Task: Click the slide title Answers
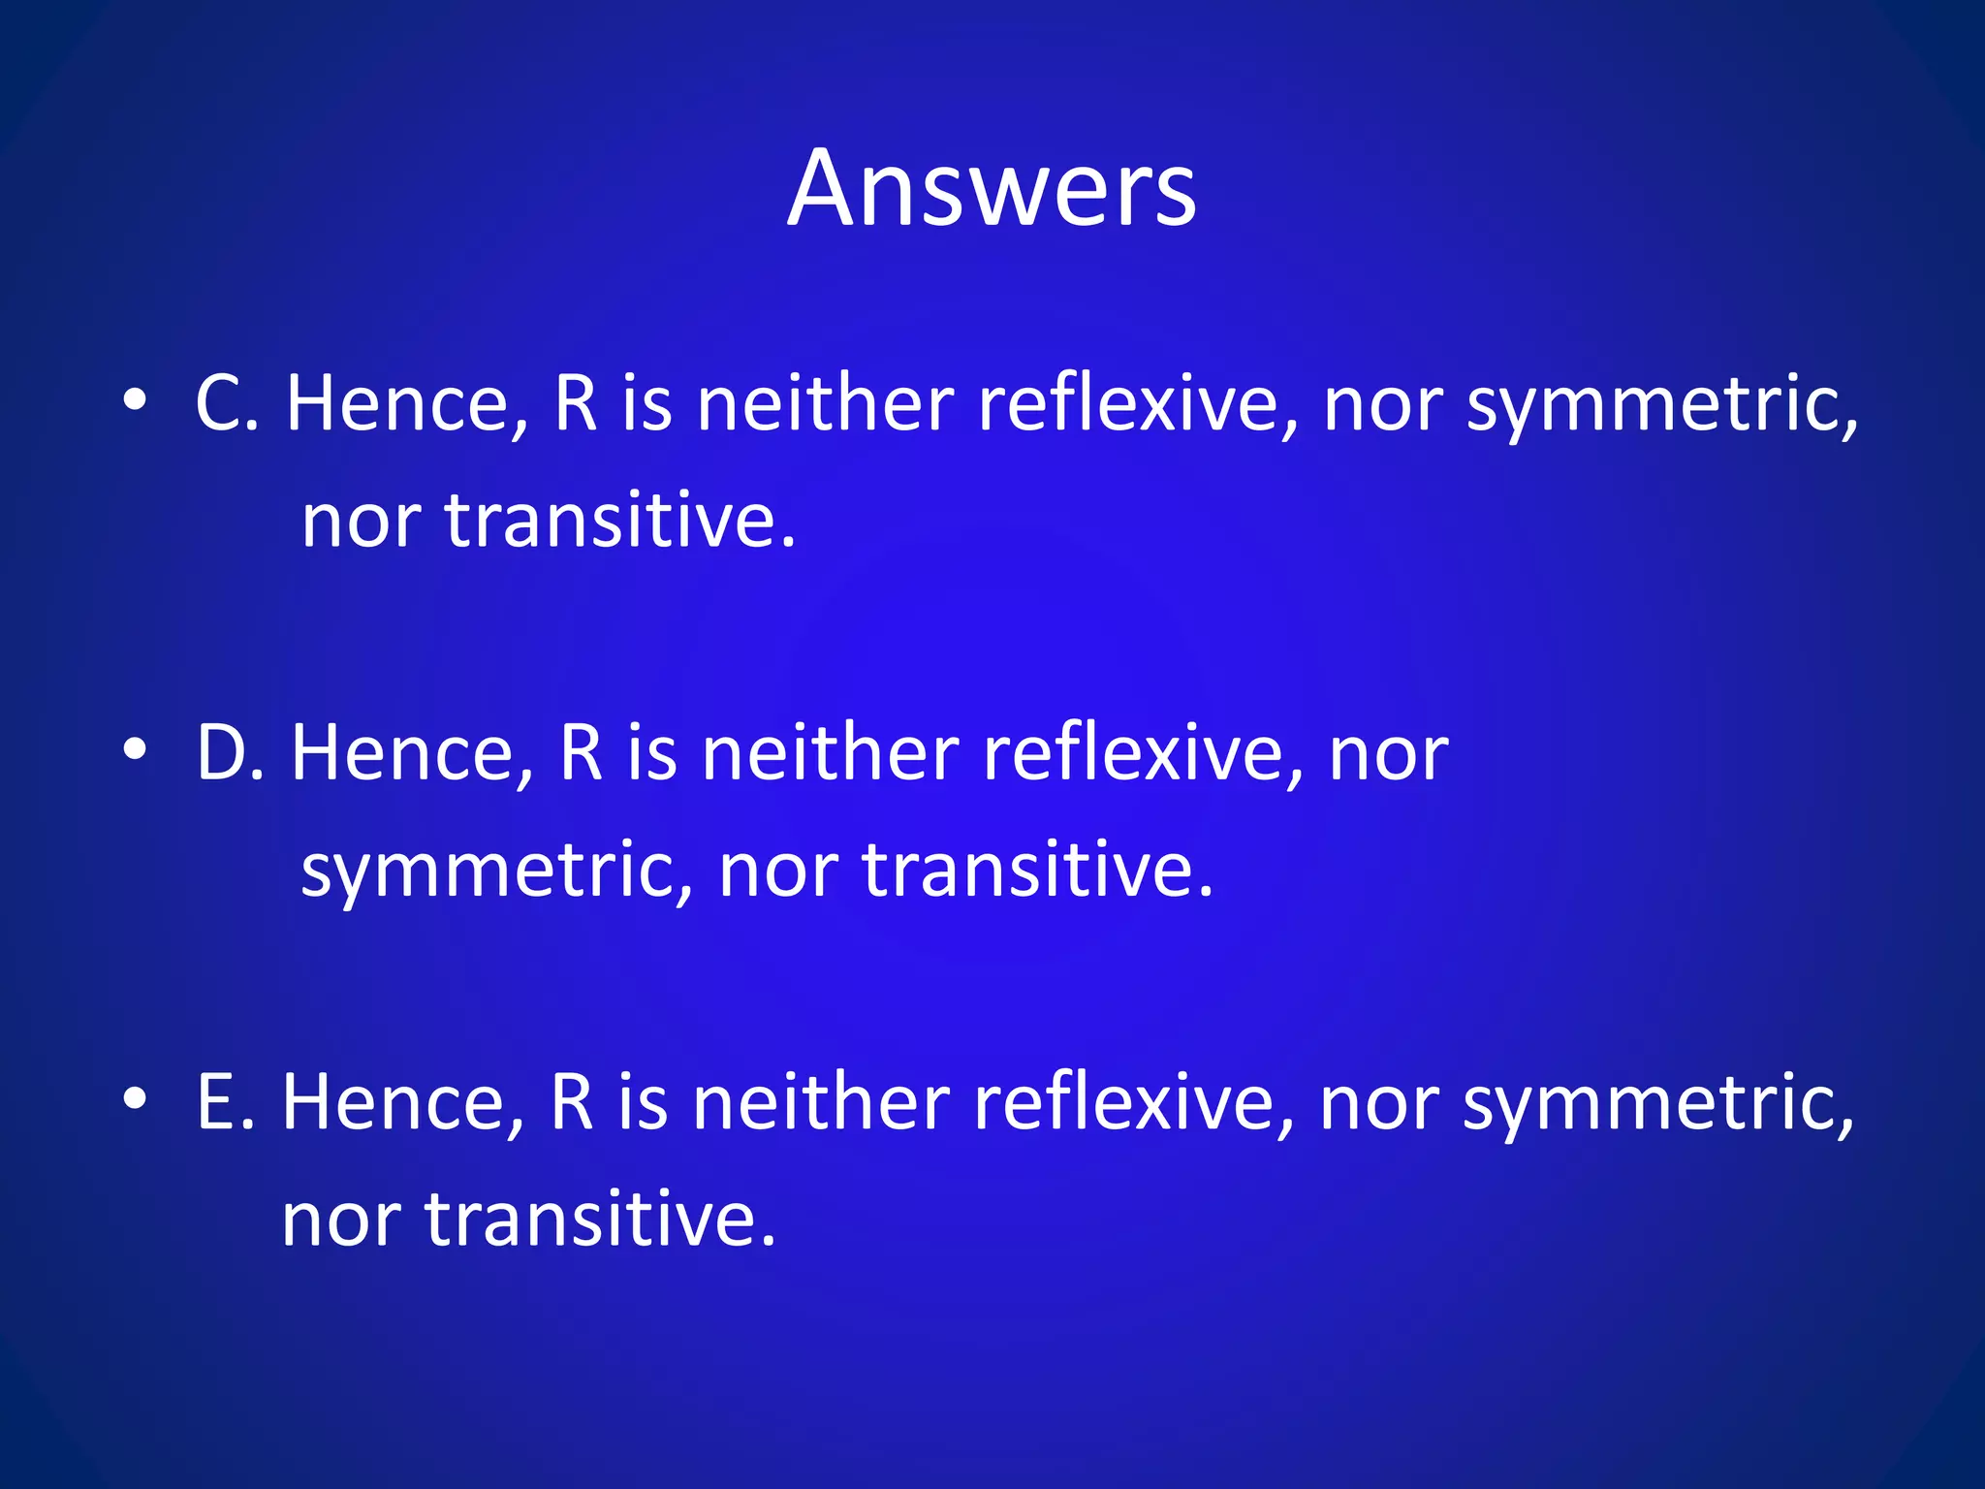point(992,188)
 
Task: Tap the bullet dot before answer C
point(135,399)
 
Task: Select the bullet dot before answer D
point(135,748)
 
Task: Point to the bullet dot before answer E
point(135,1097)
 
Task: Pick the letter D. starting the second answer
point(231,752)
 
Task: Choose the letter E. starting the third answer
point(225,1102)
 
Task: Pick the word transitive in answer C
point(620,522)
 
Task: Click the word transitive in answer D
point(1037,870)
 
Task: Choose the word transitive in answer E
point(601,1220)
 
